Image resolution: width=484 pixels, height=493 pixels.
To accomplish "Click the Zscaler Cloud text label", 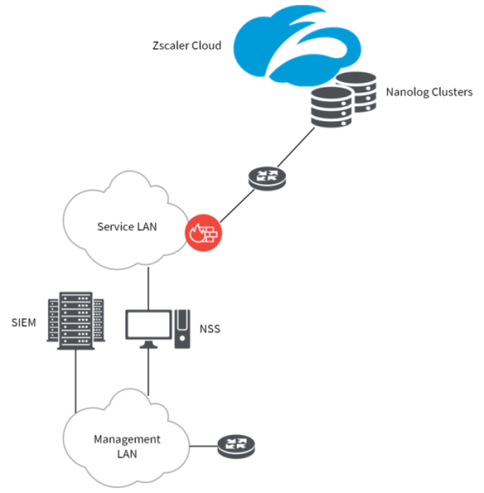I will pos(187,45).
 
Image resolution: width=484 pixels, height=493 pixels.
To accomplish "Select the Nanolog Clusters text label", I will pos(429,92).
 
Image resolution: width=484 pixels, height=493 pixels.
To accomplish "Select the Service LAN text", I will pos(127,226).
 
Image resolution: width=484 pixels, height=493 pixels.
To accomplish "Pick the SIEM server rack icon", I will pos(76,320).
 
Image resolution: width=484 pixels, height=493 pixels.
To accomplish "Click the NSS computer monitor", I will pos(148,326).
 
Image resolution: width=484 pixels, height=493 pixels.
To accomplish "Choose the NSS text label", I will pos(209,328).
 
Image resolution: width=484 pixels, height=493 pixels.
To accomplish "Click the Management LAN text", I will pos(127,445).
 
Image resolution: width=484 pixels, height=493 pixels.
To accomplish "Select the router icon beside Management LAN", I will pos(234,446).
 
